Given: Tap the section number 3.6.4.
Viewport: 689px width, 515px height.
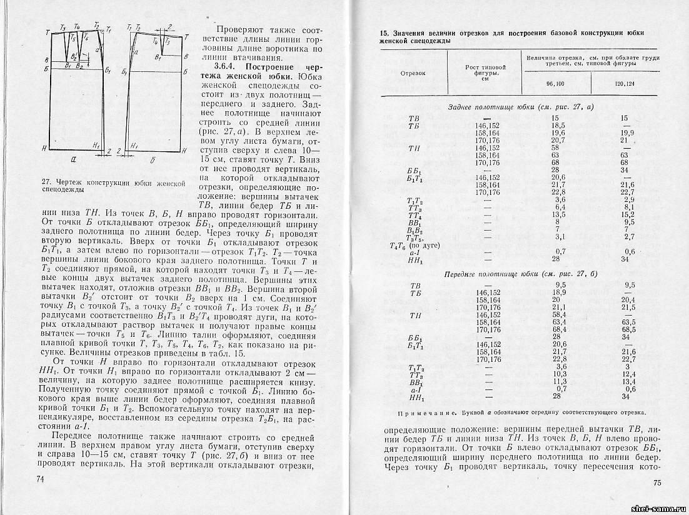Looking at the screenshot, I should [227, 66].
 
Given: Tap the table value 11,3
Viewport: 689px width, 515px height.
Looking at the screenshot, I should [558, 381].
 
